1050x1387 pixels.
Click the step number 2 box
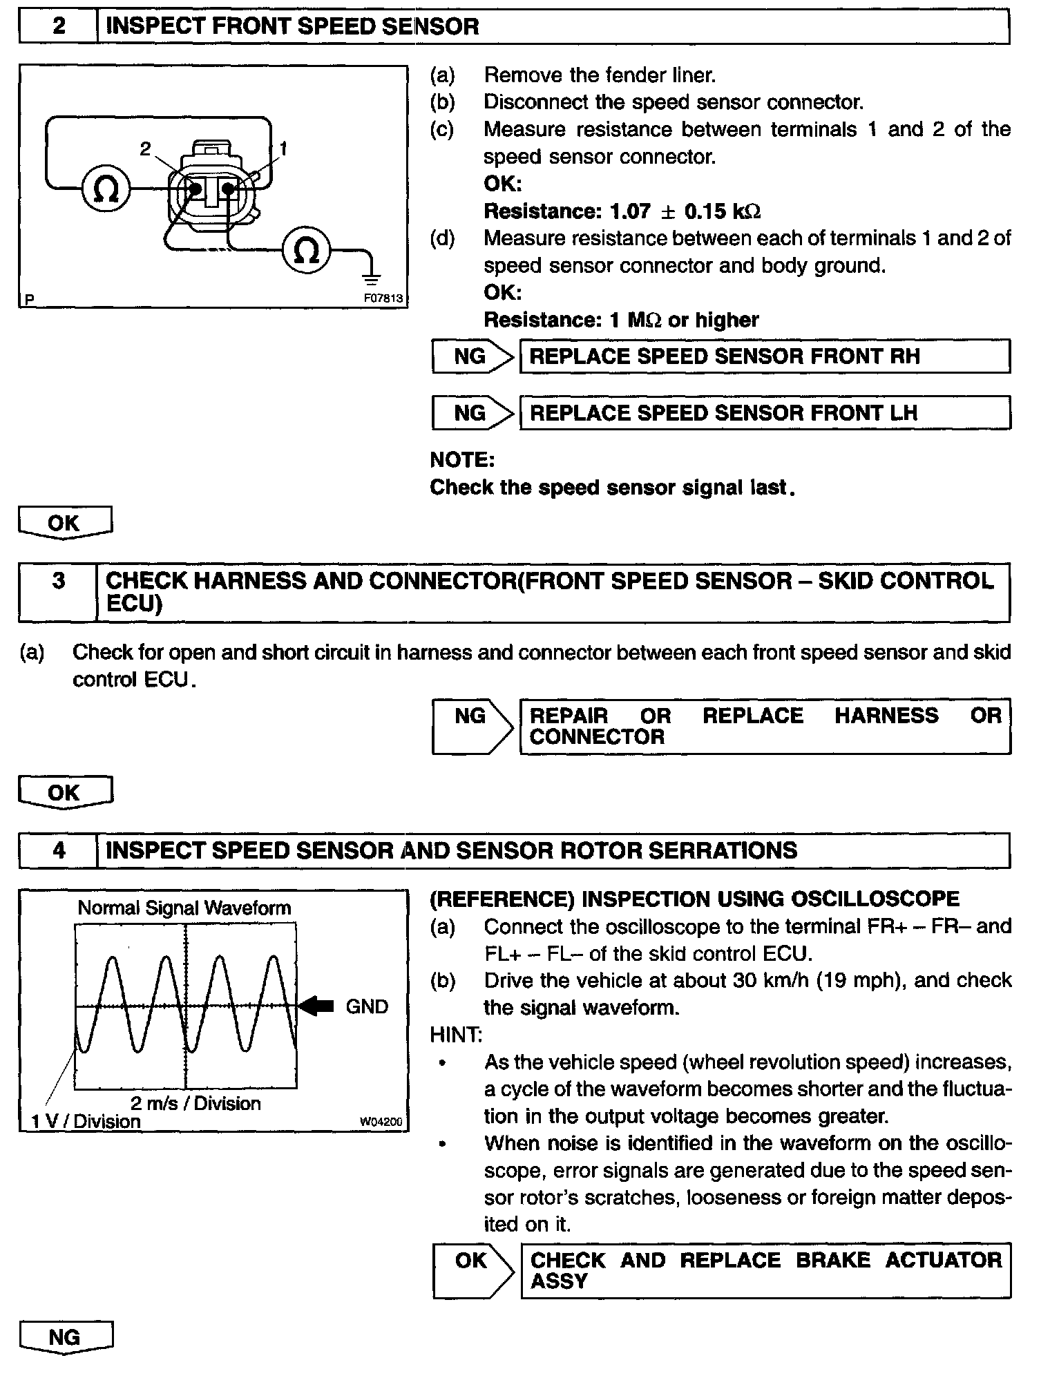59,27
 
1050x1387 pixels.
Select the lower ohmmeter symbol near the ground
307,250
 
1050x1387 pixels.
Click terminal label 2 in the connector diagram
145,149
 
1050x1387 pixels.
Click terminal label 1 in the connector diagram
283,149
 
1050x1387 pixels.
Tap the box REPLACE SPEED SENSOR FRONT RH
764,356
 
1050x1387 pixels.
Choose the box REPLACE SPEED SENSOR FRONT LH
764,413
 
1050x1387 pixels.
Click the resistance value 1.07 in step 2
630,211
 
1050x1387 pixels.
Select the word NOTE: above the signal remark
462,460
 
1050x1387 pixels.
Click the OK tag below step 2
64,523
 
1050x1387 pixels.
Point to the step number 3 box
58,581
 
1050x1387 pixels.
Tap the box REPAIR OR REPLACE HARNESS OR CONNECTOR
764,726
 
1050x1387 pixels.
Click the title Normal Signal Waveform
184,908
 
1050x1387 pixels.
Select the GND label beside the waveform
367,1006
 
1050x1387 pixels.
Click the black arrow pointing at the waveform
317,1006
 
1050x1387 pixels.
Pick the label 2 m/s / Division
195,1103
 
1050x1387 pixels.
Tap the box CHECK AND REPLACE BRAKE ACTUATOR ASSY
765,1271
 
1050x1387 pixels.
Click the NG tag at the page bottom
64,1337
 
